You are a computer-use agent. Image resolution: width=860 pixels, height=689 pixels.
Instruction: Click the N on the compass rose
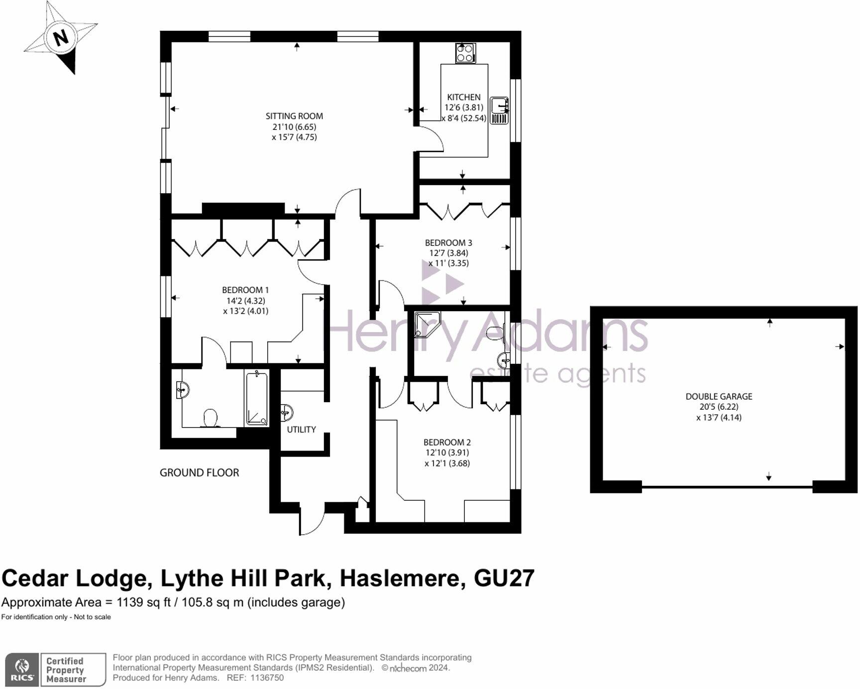pyautogui.click(x=61, y=37)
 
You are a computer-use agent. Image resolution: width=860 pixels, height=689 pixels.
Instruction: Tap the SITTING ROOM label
pyautogui.click(x=294, y=116)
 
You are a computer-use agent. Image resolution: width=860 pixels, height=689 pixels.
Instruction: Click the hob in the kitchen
pyautogui.click(x=465, y=53)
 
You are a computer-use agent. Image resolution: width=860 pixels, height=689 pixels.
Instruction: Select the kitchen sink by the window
pyautogui.click(x=499, y=110)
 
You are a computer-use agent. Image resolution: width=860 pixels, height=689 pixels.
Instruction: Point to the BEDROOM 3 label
pyautogui.click(x=448, y=243)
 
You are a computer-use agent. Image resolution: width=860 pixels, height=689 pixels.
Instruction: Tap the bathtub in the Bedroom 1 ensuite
pyautogui.click(x=257, y=399)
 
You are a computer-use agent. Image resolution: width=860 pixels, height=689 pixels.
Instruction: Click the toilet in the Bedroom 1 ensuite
pyautogui.click(x=211, y=418)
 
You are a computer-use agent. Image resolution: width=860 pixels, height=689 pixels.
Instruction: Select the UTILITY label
pyautogui.click(x=301, y=430)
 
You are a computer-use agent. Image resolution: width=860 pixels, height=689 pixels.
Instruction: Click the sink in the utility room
pyautogui.click(x=287, y=412)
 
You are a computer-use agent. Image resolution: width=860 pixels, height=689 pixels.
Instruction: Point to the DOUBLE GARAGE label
pyautogui.click(x=719, y=397)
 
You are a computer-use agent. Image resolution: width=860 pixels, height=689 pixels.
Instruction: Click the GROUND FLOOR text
pyautogui.click(x=199, y=473)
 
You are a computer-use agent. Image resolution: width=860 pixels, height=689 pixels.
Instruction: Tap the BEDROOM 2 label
pyautogui.click(x=447, y=442)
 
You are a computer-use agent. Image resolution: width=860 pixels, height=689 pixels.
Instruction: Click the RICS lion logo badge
pyautogui.click(x=22, y=670)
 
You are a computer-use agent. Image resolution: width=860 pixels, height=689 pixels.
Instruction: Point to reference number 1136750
pyautogui.click(x=267, y=678)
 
